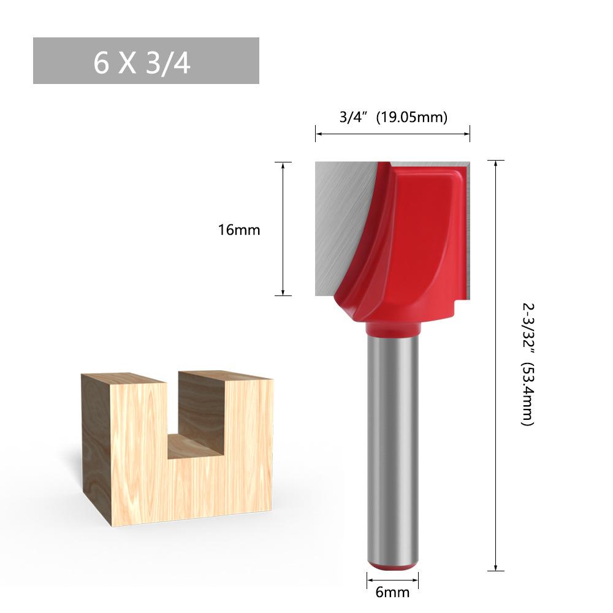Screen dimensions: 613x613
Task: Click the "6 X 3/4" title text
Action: pyautogui.click(x=142, y=63)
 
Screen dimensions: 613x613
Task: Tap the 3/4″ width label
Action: pyautogui.click(x=354, y=117)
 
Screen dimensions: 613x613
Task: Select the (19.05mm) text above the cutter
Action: pyautogui.click(x=412, y=117)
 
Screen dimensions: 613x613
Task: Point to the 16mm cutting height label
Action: pyautogui.click(x=239, y=230)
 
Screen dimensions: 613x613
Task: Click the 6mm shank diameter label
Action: pyautogui.click(x=392, y=592)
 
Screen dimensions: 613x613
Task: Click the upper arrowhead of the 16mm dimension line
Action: pyautogui.click(x=283, y=164)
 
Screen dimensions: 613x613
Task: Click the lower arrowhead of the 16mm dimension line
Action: pyautogui.click(x=283, y=293)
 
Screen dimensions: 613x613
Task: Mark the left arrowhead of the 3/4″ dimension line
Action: pyautogui.click(x=318, y=134)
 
